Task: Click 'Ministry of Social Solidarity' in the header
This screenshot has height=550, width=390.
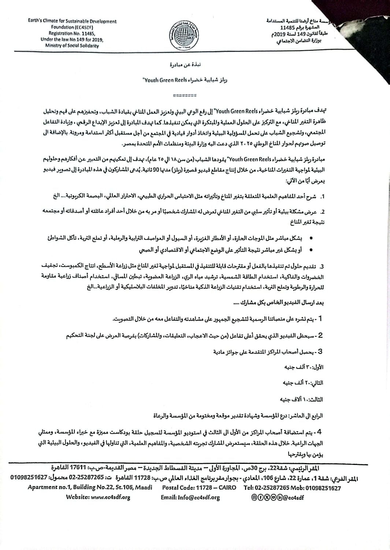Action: click(72, 46)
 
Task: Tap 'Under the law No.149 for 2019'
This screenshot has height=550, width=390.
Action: click(72, 40)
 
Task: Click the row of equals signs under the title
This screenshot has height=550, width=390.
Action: click(184, 96)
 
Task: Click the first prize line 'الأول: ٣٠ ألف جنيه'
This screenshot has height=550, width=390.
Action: click(304, 367)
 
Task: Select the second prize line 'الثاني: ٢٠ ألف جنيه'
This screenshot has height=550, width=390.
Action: click(303, 383)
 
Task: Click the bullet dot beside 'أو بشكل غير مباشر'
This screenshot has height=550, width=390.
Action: click(311, 250)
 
